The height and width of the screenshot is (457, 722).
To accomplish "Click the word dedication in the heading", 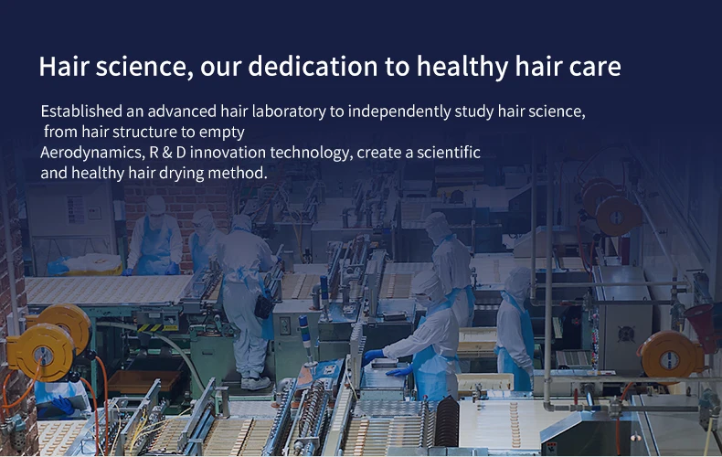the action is (x=313, y=67).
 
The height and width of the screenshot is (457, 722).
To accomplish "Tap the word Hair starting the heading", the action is (x=64, y=67).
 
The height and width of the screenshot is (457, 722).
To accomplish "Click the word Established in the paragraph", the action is (x=81, y=111).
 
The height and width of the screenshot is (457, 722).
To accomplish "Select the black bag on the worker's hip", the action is (x=263, y=306).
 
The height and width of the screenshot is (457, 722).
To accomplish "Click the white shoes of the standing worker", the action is (x=256, y=383).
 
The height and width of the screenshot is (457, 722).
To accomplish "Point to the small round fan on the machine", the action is (x=626, y=334).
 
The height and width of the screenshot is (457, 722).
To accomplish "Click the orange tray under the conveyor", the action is (x=143, y=381).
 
